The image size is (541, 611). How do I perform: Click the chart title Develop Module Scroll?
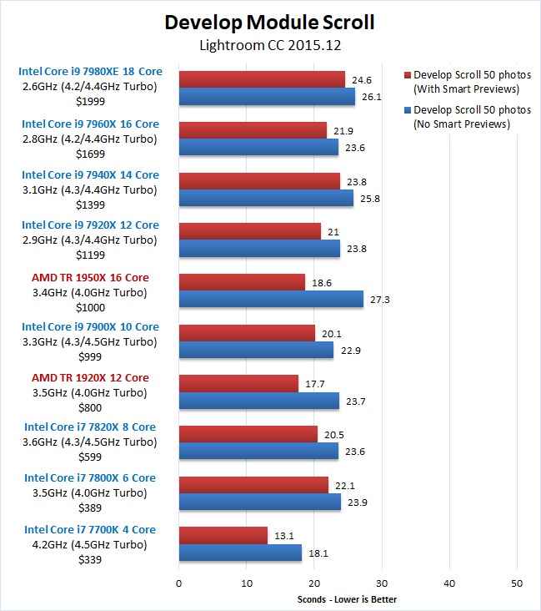(270, 22)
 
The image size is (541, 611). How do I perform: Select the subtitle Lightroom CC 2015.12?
(270, 45)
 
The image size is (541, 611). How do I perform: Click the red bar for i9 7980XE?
(262, 79)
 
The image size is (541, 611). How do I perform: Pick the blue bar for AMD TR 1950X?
(271, 299)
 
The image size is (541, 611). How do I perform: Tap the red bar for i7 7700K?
(223, 535)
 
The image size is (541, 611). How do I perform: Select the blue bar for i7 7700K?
(240, 553)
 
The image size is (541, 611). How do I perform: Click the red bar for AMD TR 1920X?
(238, 383)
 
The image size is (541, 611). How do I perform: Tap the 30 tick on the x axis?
(381, 582)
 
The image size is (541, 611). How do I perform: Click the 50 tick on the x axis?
(516, 582)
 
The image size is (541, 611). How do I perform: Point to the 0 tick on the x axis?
(179, 582)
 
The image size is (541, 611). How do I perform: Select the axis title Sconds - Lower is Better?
(347, 598)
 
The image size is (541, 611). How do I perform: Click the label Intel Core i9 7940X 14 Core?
(90, 174)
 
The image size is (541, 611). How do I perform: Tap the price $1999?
(90, 100)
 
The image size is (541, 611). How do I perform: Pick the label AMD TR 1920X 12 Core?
(90, 377)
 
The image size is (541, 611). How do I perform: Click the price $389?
(90, 506)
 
